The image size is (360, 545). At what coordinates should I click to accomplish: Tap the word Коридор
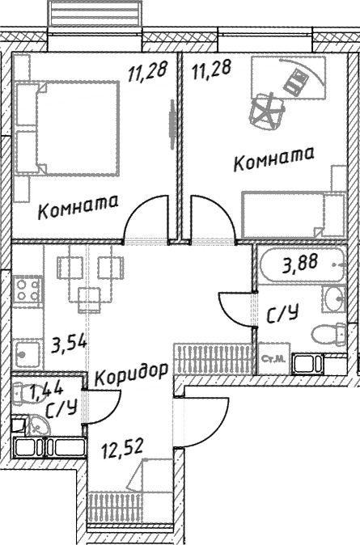[x=132, y=374]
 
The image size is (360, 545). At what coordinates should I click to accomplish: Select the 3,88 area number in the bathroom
[x=300, y=264]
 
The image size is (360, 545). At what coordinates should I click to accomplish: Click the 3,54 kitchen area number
[x=69, y=344]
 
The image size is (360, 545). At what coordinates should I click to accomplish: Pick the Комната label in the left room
[x=78, y=207]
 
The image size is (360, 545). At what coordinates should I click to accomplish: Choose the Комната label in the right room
[x=273, y=158]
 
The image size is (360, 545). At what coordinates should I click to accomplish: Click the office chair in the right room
[x=268, y=110]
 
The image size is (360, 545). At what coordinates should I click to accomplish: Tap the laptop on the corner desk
[x=296, y=82]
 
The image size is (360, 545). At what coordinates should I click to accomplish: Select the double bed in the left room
[x=67, y=129]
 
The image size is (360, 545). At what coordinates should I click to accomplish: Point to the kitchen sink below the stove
[x=27, y=354]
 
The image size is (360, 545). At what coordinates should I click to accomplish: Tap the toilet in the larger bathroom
[x=328, y=335]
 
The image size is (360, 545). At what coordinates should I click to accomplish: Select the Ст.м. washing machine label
[x=274, y=359]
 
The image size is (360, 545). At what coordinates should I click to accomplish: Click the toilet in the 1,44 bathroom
[x=23, y=393]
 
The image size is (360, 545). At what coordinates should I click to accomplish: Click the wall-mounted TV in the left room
[x=172, y=125]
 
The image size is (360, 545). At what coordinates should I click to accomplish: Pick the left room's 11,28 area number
[x=148, y=71]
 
